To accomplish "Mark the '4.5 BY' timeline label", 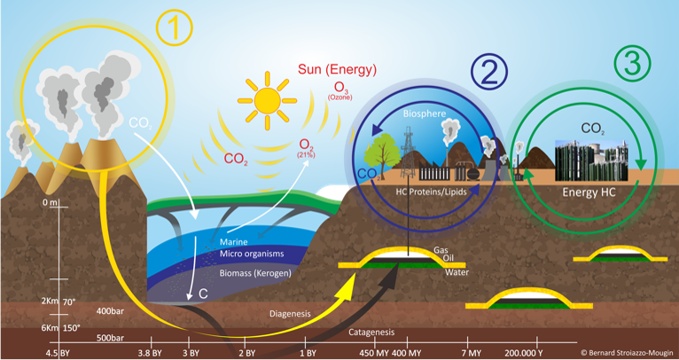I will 59,353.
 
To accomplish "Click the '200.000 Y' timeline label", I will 523,353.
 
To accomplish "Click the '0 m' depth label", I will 50,203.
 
